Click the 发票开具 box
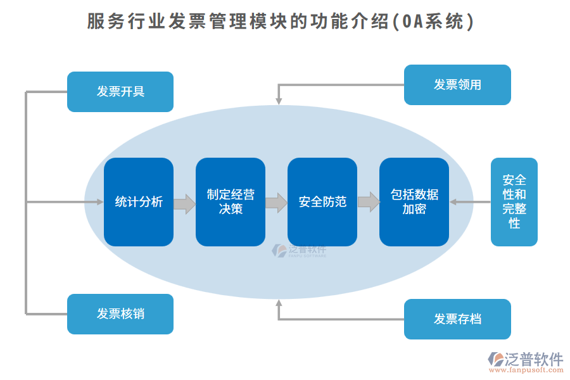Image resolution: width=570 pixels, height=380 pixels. (120, 92)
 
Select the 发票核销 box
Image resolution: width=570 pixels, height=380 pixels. (120, 314)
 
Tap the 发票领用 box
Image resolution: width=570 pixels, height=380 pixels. (457, 85)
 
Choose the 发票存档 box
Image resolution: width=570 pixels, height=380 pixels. (457, 319)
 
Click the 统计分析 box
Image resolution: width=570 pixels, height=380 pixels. (139, 202)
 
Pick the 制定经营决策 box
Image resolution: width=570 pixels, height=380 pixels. (231, 202)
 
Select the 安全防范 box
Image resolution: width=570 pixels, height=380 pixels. (322, 202)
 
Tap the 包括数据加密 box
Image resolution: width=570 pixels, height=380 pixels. (414, 202)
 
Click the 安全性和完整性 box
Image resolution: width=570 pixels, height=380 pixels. (514, 202)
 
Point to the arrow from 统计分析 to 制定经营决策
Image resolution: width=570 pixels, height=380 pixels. (184, 203)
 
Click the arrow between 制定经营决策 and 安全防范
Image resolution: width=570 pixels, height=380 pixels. (276, 203)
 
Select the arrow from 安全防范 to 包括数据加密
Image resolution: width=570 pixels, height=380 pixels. (368, 203)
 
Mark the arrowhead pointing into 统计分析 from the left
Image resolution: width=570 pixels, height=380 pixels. (100, 202)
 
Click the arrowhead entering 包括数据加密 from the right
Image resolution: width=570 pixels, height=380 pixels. (453, 202)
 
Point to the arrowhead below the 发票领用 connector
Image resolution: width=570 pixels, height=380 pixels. (278, 101)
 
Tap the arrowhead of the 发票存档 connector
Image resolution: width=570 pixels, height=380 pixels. (278, 303)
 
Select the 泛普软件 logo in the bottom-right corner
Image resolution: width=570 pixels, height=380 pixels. (526, 359)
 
